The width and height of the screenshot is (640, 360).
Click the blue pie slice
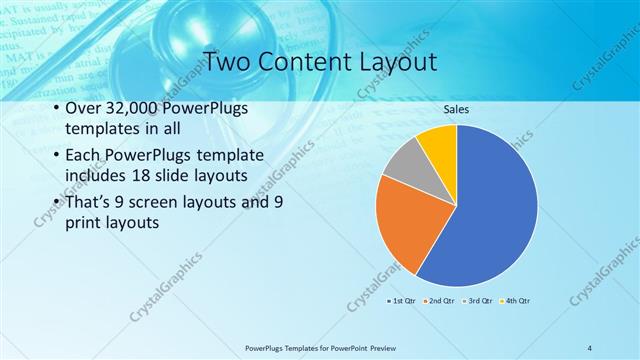(x=490, y=210)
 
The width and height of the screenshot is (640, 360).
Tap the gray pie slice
(x=404, y=163)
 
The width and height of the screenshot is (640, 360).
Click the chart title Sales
(x=456, y=110)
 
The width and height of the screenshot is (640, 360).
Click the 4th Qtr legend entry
(x=515, y=300)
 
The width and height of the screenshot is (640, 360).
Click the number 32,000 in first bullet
(x=134, y=109)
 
